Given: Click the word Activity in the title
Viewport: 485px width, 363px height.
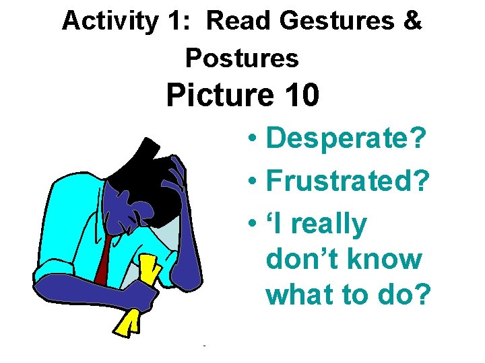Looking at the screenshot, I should [108, 22].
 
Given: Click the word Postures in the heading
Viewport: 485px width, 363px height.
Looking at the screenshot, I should [242, 58].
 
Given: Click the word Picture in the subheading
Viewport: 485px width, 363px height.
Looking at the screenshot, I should [211, 95].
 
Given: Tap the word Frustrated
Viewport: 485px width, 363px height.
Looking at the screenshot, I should [347, 180].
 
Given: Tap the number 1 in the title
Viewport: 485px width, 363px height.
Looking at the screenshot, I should [172, 22].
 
